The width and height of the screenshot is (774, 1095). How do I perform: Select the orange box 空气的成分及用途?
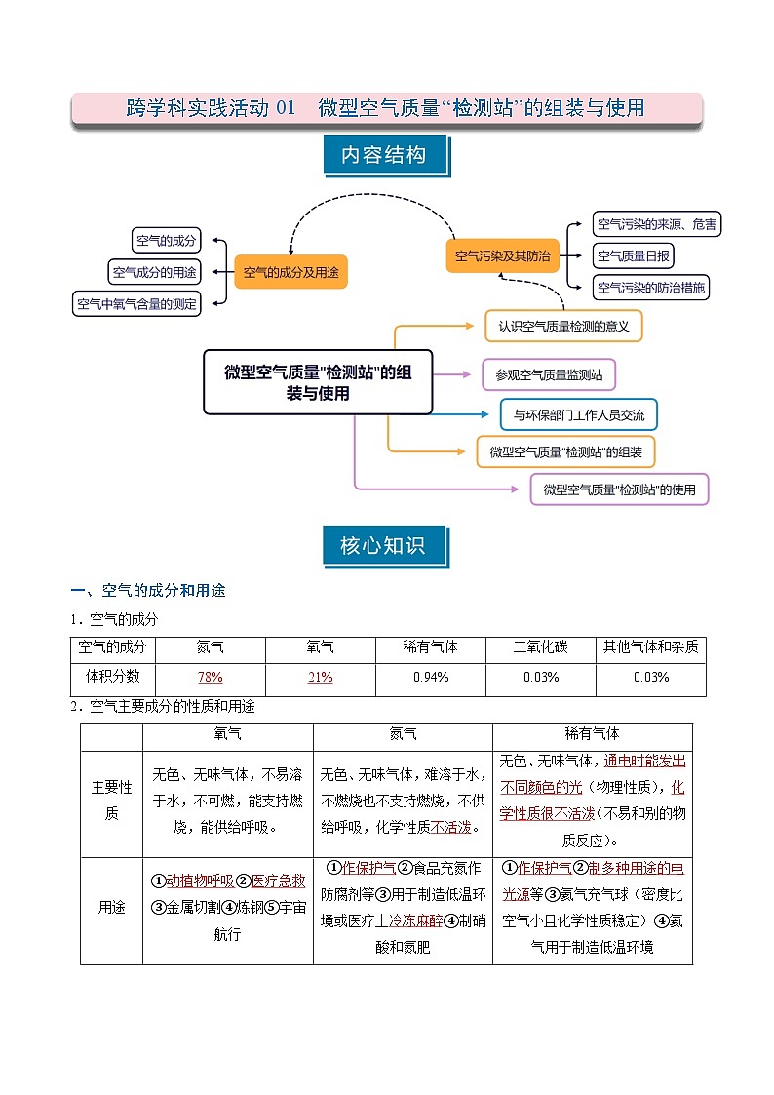coord(290,272)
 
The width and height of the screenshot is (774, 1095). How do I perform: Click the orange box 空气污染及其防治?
coord(503,256)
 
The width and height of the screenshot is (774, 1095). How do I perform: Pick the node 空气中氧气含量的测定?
coord(137,304)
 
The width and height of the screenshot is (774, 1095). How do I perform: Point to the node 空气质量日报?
coord(634,256)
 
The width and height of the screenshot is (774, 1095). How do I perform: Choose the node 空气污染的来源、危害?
coord(657,224)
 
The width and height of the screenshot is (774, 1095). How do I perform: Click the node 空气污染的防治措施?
coord(650,288)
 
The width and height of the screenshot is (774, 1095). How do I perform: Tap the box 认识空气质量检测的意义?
coord(563,326)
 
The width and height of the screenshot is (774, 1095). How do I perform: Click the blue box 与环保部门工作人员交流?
coord(579,414)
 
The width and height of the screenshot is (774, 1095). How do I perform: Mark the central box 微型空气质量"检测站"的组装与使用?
coord(318,382)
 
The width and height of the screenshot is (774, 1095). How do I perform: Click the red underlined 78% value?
coord(210,677)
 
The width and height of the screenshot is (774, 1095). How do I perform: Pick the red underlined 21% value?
coord(320,677)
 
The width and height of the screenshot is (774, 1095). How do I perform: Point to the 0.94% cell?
coord(430,677)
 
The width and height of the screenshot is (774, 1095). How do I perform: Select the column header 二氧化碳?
coord(540,646)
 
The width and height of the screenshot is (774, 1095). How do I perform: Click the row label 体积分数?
coord(110,677)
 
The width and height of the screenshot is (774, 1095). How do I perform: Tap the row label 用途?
coord(111,907)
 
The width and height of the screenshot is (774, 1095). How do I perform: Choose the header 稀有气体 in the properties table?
coord(592,733)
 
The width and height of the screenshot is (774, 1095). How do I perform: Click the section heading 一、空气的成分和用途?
coord(148,591)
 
